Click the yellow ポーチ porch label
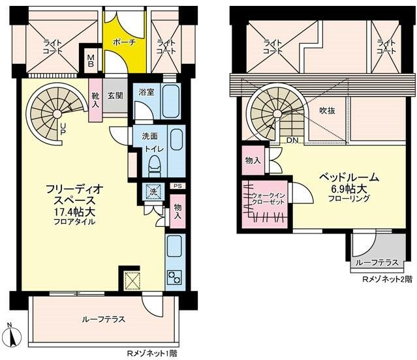click(x=124, y=42)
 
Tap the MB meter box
click(x=91, y=60)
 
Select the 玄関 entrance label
click(x=115, y=95)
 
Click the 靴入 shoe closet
click(x=95, y=100)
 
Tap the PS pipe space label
click(x=178, y=186)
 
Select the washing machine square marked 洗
click(x=153, y=192)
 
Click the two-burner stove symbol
click(x=174, y=277)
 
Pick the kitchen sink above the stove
click(x=174, y=247)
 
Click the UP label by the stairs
click(x=63, y=128)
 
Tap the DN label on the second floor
click(x=292, y=140)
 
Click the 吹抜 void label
click(x=327, y=110)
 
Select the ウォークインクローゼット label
click(x=268, y=199)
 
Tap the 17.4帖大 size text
click(x=75, y=212)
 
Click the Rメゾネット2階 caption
click(x=388, y=279)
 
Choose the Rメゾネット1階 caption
click(x=152, y=353)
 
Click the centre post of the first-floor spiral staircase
click(x=57, y=113)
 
